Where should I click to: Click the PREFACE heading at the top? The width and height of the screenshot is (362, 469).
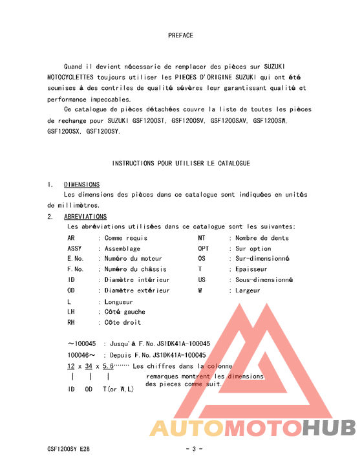pos(180,36)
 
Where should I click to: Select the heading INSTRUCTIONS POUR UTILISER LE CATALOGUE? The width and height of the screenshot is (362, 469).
pos(181,164)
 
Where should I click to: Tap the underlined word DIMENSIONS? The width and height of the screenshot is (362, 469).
pos(81,185)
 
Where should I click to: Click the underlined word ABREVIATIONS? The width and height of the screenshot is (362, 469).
pos(85,217)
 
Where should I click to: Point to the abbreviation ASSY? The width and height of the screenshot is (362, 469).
pos(74,248)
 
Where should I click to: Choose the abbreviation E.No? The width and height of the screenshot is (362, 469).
pos(76,259)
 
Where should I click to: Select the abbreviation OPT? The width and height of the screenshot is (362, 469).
pos(204,248)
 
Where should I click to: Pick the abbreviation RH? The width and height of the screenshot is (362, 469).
pos(71,322)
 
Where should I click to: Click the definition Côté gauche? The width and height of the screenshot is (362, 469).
pos(125,312)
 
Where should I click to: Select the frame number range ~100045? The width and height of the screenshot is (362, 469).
pos(81,344)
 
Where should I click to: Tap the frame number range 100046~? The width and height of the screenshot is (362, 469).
pos(81,355)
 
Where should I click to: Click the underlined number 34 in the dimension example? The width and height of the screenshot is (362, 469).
pos(89,366)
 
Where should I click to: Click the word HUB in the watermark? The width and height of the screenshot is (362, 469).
pos(329,428)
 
